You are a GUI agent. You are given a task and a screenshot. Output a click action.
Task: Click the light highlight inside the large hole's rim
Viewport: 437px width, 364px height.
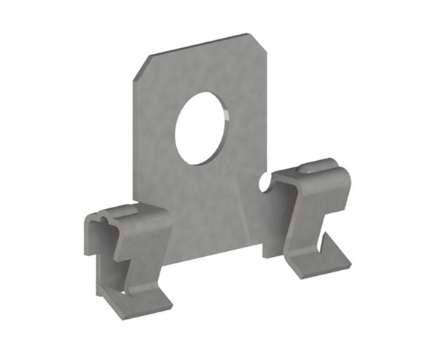click(227, 116)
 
